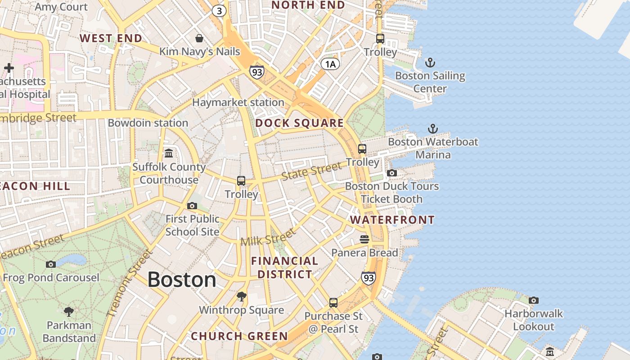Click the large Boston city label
pos(182,280)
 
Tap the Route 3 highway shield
pos(219,11)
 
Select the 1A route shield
pos(330,64)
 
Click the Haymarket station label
pos(238,103)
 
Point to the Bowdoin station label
pos(148,123)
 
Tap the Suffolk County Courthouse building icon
pos(169,153)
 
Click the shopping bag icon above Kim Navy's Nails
pos(199,38)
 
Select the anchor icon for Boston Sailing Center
pos(430,62)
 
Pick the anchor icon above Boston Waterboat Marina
pos(432,129)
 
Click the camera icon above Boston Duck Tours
pos(391,173)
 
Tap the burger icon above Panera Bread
pos(364,239)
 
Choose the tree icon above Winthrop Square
pos(242,296)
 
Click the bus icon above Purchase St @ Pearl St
pos(333,303)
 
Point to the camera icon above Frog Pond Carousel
pos(51,264)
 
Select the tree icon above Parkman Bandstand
pos(69,311)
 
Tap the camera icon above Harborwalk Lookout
pos(534,300)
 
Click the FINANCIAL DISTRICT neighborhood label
pos(284,267)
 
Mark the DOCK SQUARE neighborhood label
pos(299,123)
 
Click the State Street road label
pos(311,171)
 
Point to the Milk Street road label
pos(268,237)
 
